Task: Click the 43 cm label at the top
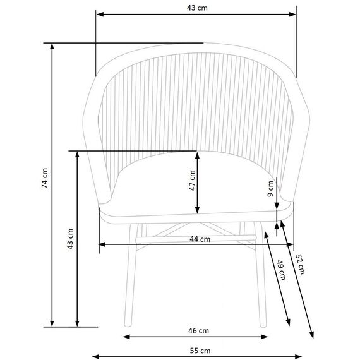197,8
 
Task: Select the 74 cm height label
45,178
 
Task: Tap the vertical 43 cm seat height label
70,239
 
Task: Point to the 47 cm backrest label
192,181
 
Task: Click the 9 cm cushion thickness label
270,189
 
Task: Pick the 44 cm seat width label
200,239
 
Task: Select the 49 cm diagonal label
281,270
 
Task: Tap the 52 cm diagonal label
300,264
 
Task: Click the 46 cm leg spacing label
198,331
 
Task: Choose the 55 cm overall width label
200,351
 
